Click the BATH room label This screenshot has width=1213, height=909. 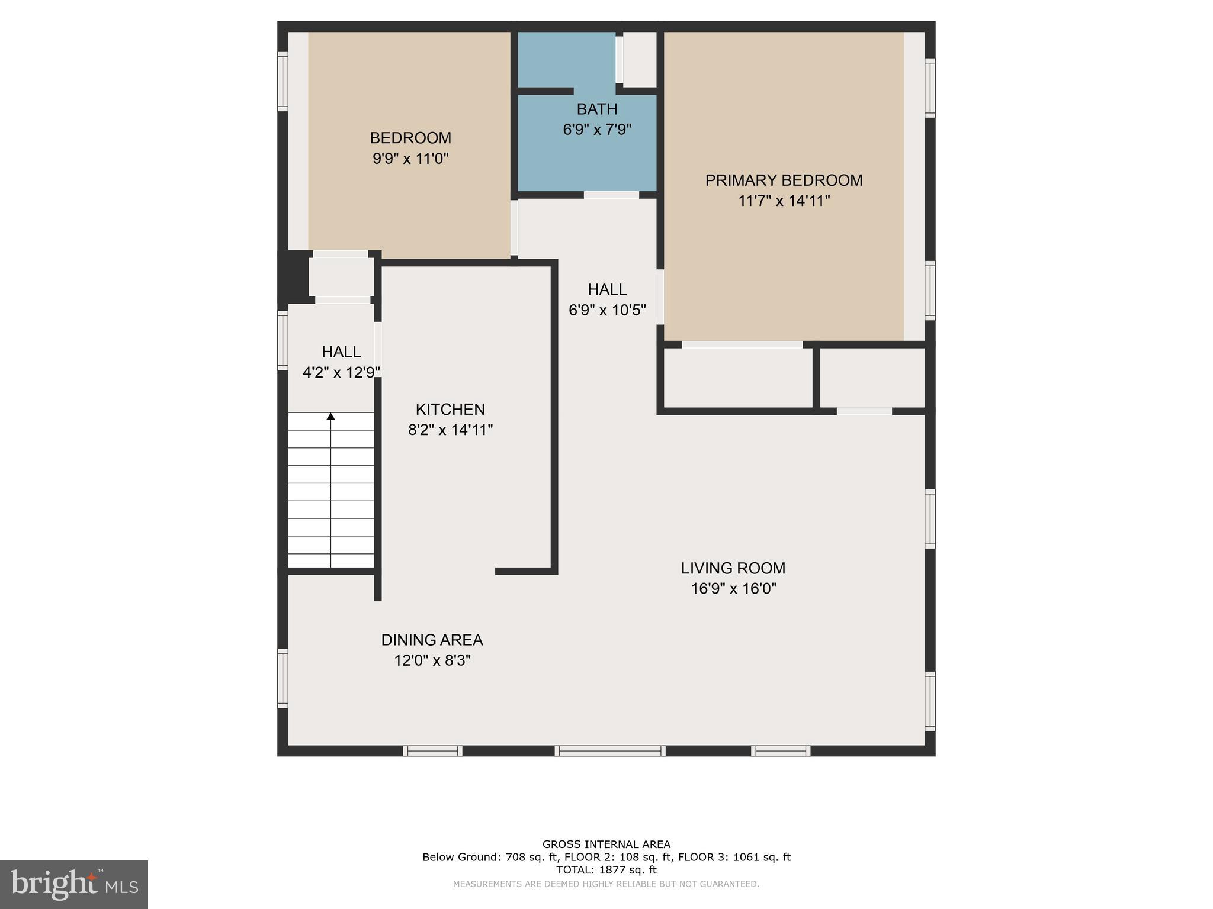coord(597,109)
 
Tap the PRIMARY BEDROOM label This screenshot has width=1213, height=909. coord(784,180)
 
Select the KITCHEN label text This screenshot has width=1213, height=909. coord(450,410)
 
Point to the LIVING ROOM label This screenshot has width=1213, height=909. coord(733,568)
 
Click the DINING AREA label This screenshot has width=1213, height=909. coord(432,640)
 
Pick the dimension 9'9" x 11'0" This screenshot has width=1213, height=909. coord(410,159)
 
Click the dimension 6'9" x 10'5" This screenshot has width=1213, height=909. coord(607,310)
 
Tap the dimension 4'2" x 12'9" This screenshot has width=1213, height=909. coord(341,372)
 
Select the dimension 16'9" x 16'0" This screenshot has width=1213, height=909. coord(733,589)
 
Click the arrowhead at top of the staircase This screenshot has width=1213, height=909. coord(330,417)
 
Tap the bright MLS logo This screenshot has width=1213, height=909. coord(74,885)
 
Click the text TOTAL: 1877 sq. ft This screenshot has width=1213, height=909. coord(606,870)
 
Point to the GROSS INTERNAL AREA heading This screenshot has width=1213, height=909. coord(606,844)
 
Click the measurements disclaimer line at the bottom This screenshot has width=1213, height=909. coord(606,884)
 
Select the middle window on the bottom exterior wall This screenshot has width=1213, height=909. coord(610,751)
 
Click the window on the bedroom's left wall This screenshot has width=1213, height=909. coord(283,81)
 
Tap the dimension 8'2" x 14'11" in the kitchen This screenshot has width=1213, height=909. coord(450,430)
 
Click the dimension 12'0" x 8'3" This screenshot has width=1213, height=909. coord(432,660)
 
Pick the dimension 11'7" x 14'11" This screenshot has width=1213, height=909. coord(784,201)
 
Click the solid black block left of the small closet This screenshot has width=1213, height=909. coord(294,277)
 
